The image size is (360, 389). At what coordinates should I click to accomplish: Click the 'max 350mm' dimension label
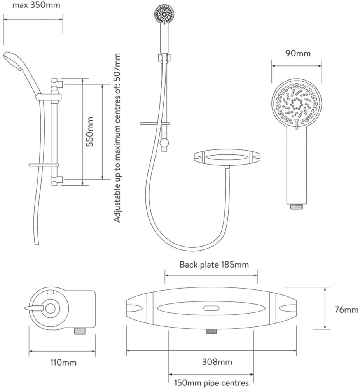coord(36,5)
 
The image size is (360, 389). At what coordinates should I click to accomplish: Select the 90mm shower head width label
coord(298,53)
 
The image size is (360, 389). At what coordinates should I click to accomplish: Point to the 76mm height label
coord(347,310)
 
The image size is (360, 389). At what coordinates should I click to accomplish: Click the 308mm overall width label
coord(217,362)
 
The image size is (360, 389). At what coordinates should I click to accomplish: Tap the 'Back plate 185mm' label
coord(214,265)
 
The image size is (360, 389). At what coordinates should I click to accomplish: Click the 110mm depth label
coord(63,363)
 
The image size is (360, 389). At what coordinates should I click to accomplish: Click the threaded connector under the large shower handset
coord(297,207)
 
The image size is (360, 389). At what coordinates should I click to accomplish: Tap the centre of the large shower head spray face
coord(297,104)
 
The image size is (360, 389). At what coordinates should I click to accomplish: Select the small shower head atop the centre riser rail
coord(164,14)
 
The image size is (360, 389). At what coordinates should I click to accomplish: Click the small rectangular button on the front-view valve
coord(211,308)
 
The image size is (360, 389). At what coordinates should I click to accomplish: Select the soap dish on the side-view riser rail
coord(44,165)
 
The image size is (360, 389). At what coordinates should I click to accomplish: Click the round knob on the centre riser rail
coord(164,143)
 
